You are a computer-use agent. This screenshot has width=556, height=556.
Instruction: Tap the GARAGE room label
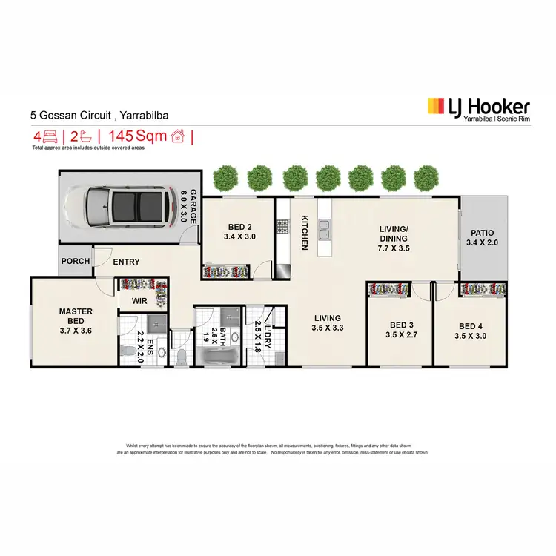(192, 207)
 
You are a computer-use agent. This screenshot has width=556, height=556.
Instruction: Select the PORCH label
(76, 261)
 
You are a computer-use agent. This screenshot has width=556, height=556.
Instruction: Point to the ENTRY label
(126, 261)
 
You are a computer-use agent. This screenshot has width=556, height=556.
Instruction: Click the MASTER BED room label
(76, 317)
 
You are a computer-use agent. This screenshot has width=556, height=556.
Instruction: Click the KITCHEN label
(305, 232)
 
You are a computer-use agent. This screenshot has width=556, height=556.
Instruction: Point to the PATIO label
(483, 232)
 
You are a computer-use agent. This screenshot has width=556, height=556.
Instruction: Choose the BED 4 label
(471, 326)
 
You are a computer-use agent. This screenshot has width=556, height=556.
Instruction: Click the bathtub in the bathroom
(216, 360)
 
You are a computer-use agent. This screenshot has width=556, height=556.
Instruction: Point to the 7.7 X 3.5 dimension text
(393, 249)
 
